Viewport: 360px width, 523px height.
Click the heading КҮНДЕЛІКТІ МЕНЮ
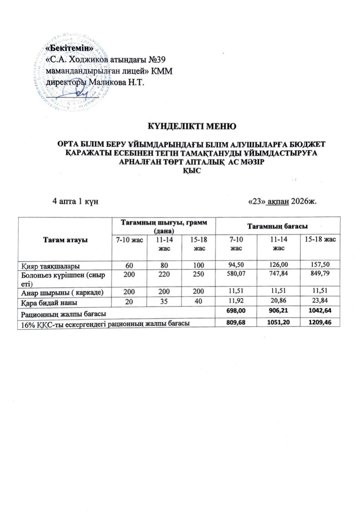[x=192, y=125]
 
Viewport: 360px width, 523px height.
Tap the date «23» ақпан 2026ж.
[x=283, y=201]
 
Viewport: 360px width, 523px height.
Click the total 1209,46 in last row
[x=320, y=322]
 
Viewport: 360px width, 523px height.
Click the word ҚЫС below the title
[x=192, y=171]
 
